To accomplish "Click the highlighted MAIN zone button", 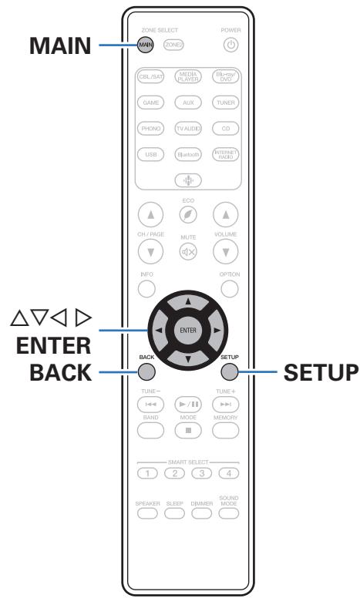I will (145, 44).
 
